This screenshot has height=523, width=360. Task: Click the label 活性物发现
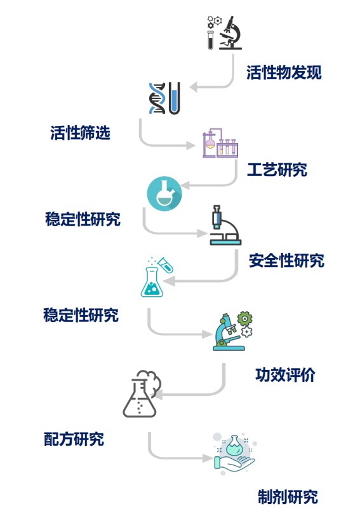[x=284, y=72]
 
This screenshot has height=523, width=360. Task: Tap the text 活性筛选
[x=81, y=133]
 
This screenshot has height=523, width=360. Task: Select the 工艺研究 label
[x=277, y=170]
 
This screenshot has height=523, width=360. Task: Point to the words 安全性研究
[x=286, y=261]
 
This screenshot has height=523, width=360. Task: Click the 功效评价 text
[x=285, y=375]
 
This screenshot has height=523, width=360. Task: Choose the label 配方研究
[x=74, y=439]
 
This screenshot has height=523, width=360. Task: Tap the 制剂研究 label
[x=288, y=497]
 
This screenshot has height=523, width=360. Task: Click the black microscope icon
[x=230, y=33]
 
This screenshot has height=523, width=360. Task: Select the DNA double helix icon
[x=157, y=98]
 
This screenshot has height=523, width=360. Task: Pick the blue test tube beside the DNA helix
[x=175, y=98]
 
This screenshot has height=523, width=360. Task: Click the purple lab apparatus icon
[x=220, y=144]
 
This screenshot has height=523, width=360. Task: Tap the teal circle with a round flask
[x=164, y=194]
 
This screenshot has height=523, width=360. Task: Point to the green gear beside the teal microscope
[x=244, y=319]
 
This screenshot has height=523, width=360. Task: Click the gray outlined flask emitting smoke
[x=142, y=394]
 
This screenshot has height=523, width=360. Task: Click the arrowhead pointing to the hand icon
[x=208, y=458]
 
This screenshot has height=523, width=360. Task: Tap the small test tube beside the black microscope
[x=211, y=40]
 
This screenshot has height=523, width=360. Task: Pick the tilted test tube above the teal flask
[x=166, y=264]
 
